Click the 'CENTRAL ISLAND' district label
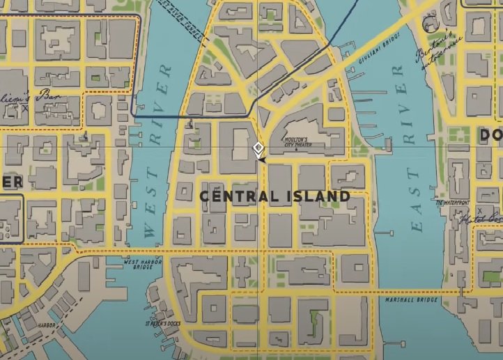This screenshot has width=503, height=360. (x=274, y=196)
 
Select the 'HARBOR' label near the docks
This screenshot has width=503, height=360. (x=47, y=324)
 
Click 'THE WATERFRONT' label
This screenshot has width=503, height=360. (x=453, y=203)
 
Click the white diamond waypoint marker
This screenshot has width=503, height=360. (x=258, y=148)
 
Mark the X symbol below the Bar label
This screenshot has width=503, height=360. (x=25, y=108)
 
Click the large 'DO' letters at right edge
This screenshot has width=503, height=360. (x=490, y=134)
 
